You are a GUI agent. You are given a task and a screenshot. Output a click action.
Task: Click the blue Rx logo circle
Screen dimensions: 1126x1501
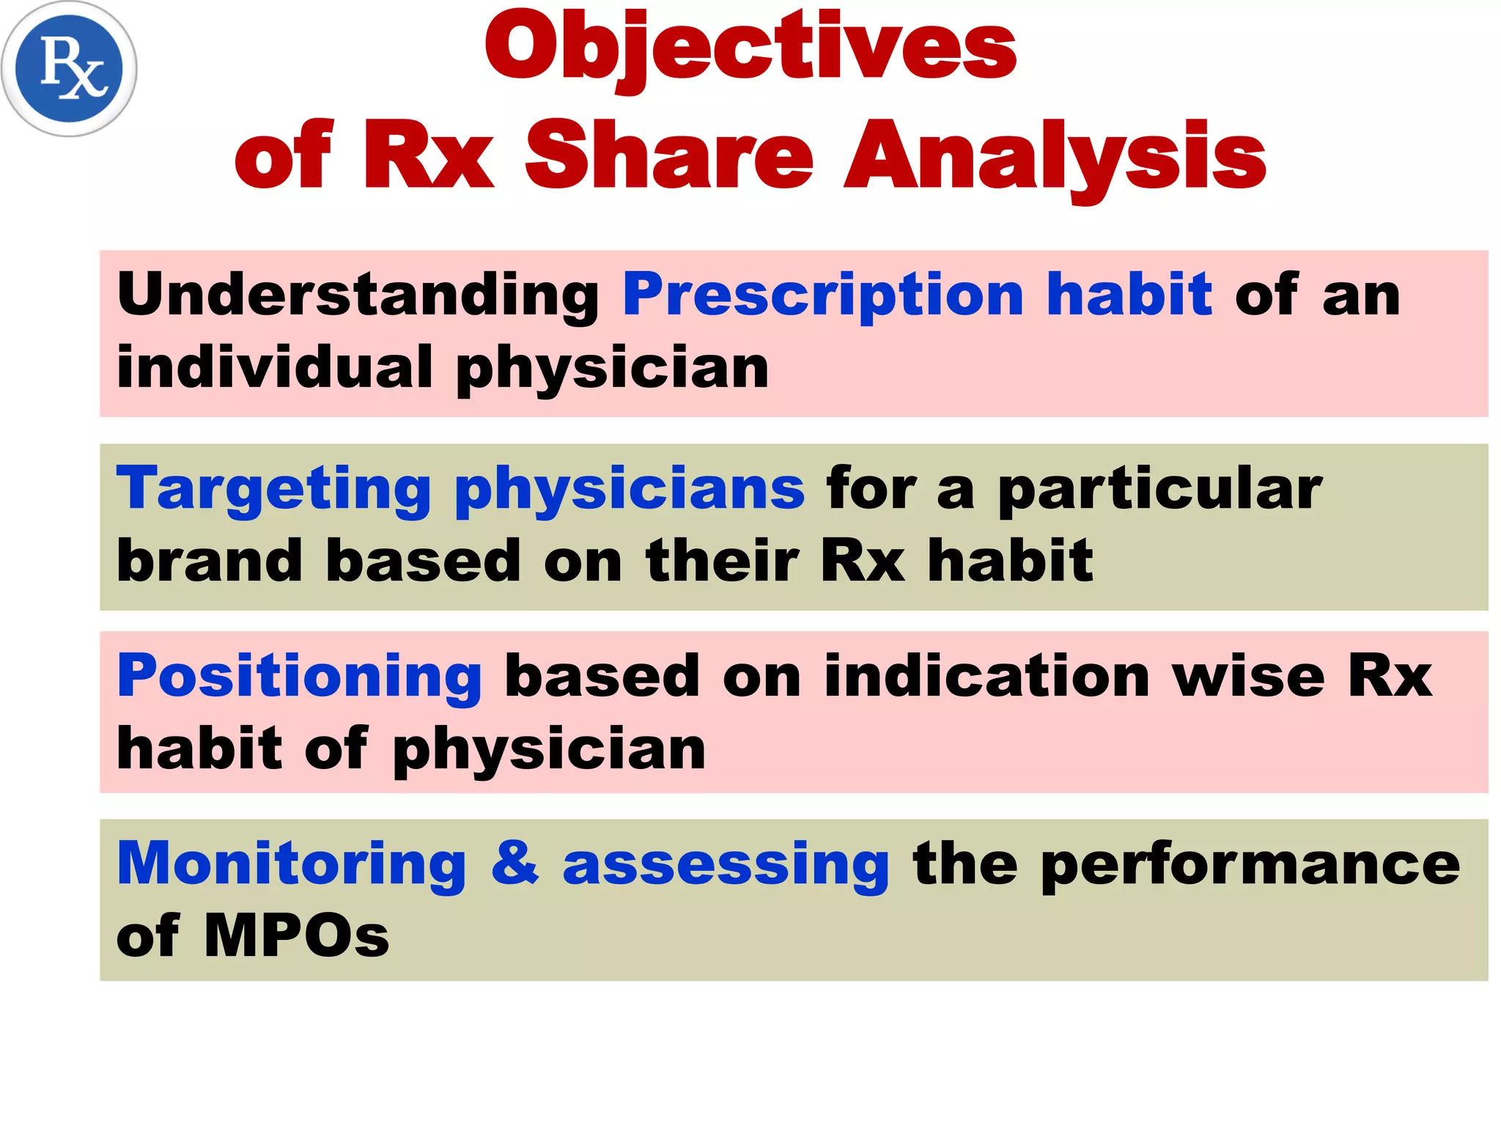[x=69, y=69]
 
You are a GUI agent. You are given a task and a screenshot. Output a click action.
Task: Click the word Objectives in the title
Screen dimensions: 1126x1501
[x=750, y=48]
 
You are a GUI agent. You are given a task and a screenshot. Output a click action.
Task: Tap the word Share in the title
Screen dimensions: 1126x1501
[x=668, y=156]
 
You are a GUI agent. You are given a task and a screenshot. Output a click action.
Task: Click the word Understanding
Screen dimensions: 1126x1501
[x=358, y=295]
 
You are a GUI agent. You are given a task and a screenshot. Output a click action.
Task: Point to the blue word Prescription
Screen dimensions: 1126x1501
[x=822, y=295]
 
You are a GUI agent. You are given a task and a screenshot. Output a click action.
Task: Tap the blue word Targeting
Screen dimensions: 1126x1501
[x=273, y=489]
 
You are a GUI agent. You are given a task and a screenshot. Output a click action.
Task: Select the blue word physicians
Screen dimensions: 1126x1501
[x=629, y=489]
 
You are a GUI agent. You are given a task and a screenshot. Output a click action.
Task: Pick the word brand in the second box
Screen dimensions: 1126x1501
[x=210, y=560]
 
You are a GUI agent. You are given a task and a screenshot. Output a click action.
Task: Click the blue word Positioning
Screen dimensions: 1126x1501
[x=299, y=676]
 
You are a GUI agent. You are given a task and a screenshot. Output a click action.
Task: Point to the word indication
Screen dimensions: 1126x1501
[x=986, y=676]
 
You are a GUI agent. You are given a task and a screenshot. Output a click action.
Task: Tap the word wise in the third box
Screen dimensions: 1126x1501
[x=1248, y=676]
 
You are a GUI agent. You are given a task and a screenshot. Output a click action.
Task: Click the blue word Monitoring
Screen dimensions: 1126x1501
[x=292, y=864]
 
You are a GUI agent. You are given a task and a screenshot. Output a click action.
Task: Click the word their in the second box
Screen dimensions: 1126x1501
[x=722, y=560]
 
